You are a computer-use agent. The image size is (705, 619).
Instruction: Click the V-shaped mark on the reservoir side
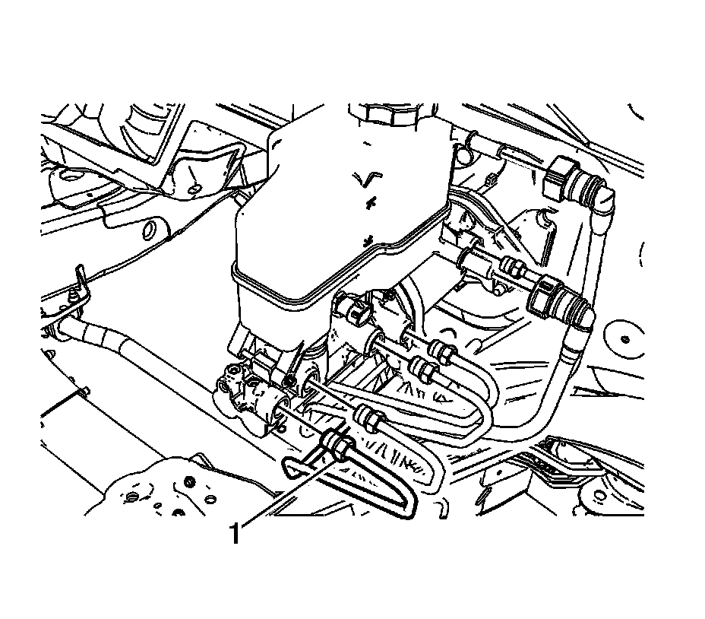point(366,179)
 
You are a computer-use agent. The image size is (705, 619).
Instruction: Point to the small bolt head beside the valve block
point(289,378)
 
